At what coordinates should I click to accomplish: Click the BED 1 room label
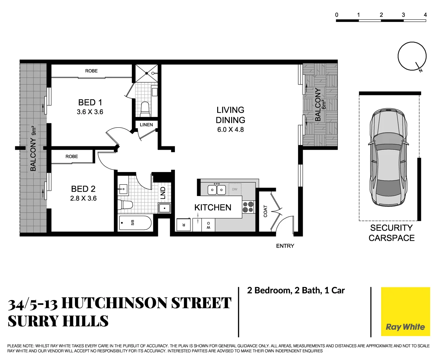coord(90,102)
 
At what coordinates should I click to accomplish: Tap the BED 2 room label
coord(83,189)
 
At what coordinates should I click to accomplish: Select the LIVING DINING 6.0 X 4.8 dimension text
coord(230,130)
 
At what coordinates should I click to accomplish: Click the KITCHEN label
coord(213,207)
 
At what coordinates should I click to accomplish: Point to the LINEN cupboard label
coord(146,125)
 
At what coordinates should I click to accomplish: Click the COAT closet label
coord(265,211)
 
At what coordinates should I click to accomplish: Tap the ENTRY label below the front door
coord(285,246)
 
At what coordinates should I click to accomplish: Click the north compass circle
coord(412,56)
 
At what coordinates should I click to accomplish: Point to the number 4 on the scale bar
coord(425,15)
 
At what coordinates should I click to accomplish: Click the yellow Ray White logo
coord(405,312)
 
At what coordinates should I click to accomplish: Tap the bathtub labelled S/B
coord(135,223)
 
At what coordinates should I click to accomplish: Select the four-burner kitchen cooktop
coord(248,207)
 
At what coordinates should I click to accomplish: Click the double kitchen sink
coord(217,190)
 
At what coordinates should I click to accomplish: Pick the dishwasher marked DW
coord(235,189)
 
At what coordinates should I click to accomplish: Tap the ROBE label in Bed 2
coord(72,156)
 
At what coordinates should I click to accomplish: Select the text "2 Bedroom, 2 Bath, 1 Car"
coord(296,290)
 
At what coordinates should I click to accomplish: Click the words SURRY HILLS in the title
coord(58,321)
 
